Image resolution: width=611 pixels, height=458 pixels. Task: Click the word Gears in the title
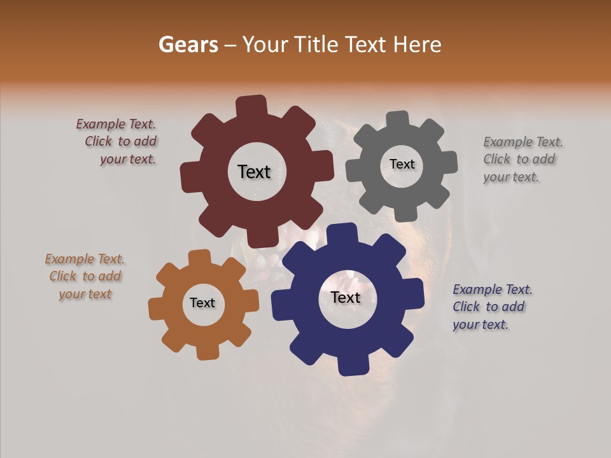(188, 45)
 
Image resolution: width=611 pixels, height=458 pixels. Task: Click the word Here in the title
(417, 45)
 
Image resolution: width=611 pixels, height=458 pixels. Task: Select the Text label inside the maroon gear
(254, 172)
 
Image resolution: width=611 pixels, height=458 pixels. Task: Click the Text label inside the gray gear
(402, 164)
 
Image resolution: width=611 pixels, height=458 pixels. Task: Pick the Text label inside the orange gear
(202, 303)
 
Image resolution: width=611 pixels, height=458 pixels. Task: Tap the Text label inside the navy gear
(346, 297)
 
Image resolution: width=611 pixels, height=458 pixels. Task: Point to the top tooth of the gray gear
(398, 120)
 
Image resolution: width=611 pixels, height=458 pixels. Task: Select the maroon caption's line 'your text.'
(128, 159)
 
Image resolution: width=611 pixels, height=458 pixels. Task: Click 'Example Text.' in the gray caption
(523, 142)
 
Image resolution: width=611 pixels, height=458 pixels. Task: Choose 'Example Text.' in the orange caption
(85, 259)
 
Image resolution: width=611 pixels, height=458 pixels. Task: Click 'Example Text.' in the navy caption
(493, 289)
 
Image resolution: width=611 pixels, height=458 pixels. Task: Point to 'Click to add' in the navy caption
(489, 307)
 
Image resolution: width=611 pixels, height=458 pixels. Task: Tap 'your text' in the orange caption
(85, 294)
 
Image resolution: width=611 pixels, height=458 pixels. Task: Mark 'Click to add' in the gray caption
(519, 159)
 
